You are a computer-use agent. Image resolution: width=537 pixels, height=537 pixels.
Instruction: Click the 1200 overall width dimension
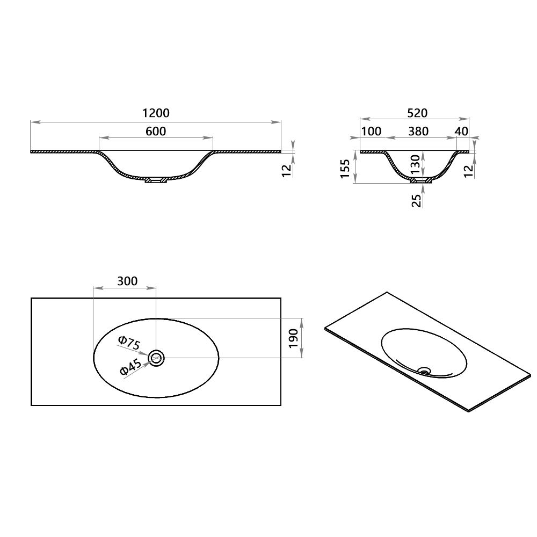pyautogui.click(x=156, y=113)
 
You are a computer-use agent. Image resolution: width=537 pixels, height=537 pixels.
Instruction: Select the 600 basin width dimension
pyautogui.click(x=156, y=131)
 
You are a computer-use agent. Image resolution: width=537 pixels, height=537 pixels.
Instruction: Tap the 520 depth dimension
pyautogui.click(x=417, y=113)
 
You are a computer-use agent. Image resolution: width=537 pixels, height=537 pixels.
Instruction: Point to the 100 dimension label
pyautogui.click(x=371, y=131)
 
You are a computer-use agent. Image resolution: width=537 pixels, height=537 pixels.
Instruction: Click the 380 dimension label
pyautogui.click(x=418, y=131)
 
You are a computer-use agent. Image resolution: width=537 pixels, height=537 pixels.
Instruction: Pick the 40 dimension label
pyautogui.click(x=461, y=131)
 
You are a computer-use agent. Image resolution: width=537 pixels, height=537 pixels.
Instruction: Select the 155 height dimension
pyautogui.click(x=346, y=168)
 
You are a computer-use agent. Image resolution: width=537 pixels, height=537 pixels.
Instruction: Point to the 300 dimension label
pyautogui.click(x=127, y=281)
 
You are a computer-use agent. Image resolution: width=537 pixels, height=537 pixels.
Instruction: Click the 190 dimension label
pyautogui.click(x=293, y=339)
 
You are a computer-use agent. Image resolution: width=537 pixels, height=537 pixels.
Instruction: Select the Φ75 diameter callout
pyautogui.click(x=129, y=343)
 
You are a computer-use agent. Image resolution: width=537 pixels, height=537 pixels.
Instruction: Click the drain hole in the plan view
pyautogui.click(x=156, y=358)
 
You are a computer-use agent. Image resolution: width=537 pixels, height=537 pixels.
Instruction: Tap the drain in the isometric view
pyautogui.click(x=425, y=369)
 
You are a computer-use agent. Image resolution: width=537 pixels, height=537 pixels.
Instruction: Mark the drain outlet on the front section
pyautogui.click(x=156, y=180)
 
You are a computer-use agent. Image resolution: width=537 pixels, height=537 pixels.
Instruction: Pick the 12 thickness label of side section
pyautogui.click(x=468, y=170)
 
